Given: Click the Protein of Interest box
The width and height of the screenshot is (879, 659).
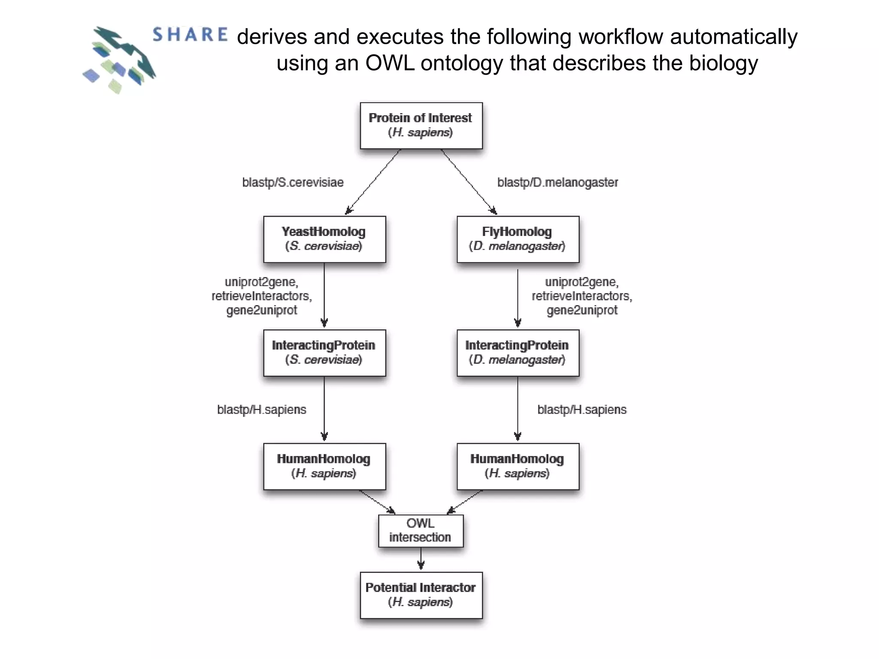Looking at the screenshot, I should (x=421, y=125).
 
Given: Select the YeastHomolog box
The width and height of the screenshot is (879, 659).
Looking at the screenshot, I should (x=324, y=239).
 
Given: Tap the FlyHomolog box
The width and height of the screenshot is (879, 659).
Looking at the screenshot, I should (x=518, y=239).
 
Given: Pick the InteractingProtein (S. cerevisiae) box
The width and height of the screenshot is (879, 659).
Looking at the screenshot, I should (x=324, y=353).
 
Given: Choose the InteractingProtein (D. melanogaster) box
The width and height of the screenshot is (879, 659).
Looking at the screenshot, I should (x=518, y=353).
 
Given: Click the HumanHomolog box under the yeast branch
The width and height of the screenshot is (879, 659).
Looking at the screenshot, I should (x=324, y=466).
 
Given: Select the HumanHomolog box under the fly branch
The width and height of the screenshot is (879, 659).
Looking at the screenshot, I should (x=518, y=466).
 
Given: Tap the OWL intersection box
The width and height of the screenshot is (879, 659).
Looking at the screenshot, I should (x=421, y=531).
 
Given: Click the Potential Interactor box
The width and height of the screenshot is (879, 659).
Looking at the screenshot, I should (x=421, y=595).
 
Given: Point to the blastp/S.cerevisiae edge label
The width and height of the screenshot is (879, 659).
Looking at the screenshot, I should (x=293, y=182).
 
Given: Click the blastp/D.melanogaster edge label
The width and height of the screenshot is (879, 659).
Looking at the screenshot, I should (x=558, y=182).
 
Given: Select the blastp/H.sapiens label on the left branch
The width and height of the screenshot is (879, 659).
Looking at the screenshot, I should (x=261, y=410).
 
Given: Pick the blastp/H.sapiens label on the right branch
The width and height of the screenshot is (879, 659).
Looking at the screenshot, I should (x=582, y=410).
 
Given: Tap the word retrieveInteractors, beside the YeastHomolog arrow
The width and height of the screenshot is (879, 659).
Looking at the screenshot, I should (x=261, y=296).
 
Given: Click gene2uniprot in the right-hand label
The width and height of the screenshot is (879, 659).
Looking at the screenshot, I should (x=582, y=310).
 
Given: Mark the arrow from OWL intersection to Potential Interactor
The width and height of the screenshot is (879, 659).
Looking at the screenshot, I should (x=421, y=559).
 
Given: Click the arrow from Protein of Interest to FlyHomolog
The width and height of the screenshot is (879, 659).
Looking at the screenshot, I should (x=469, y=181).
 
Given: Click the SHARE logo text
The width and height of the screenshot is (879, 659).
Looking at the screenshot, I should (x=190, y=35).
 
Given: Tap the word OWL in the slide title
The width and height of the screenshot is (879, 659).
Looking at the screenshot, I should (x=390, y=63).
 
